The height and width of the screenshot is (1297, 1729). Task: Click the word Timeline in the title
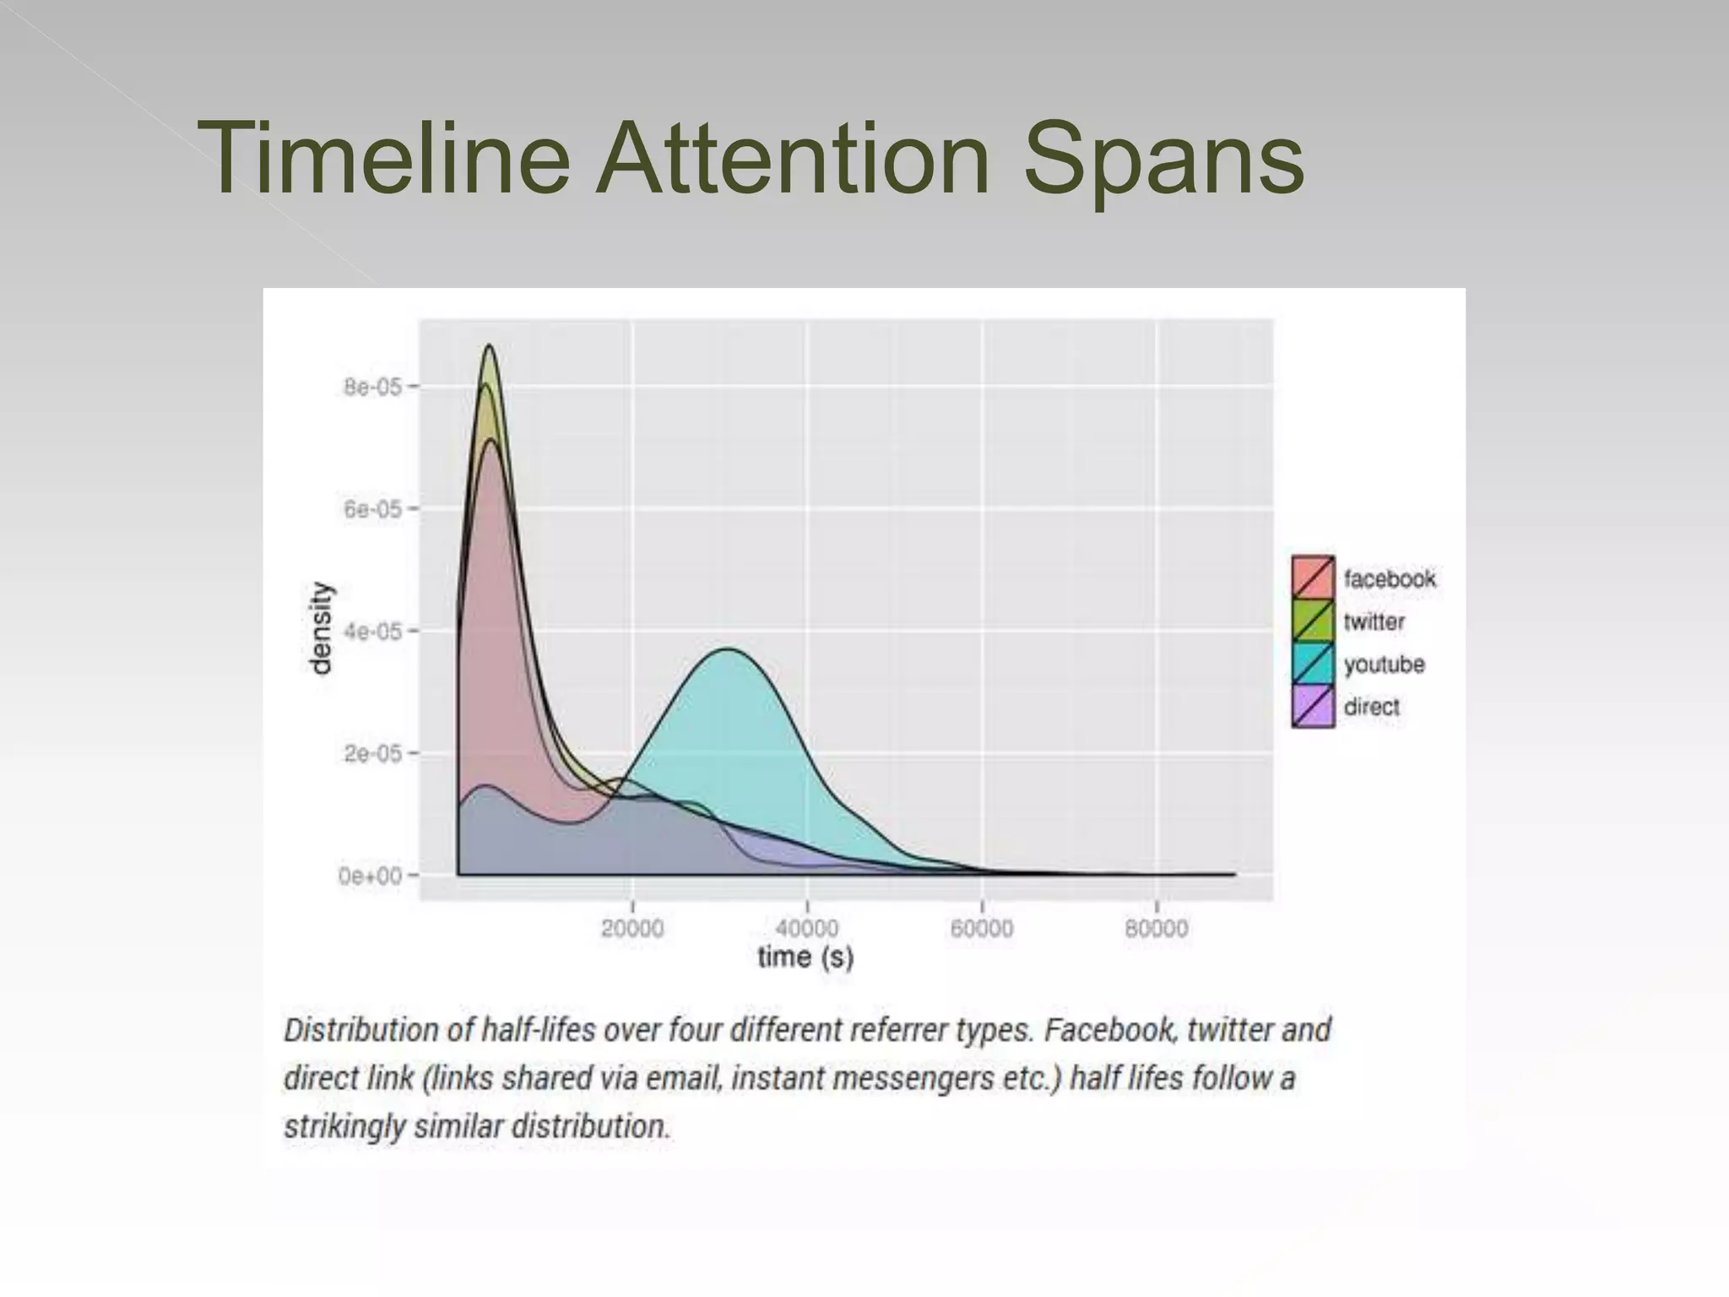pyautogui.click(x=384, y=158)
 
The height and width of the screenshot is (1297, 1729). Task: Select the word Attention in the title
pyautogui.click(x=792, y=158)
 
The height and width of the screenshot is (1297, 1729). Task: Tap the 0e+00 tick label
pyautogui.click(x=369, y=876)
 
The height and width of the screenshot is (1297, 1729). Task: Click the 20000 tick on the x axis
pyautogui.click(x=632, y=929)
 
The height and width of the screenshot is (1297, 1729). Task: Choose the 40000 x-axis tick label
pyautogui.click(x=807, y=929)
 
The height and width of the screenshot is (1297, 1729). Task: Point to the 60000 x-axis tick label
pyautogui.click(x=982, y=929)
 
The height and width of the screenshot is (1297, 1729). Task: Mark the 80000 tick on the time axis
pyautogui.click(x=1157, y=929)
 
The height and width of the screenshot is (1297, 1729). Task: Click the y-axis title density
pyautogui.click(x=322, y=628)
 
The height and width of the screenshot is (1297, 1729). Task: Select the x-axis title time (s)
pyautogui.click(x=805, y=958)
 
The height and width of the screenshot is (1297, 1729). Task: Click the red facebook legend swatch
pyautogui.click(x=1313, y=578)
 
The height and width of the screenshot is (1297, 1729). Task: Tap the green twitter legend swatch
pyautogui.click(x=1313, y=621)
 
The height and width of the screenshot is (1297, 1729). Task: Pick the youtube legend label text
pyautogui.click(x=1384, y=665)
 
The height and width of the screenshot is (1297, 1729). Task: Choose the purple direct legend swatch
pyautogui.click(x=1313, y=707)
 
